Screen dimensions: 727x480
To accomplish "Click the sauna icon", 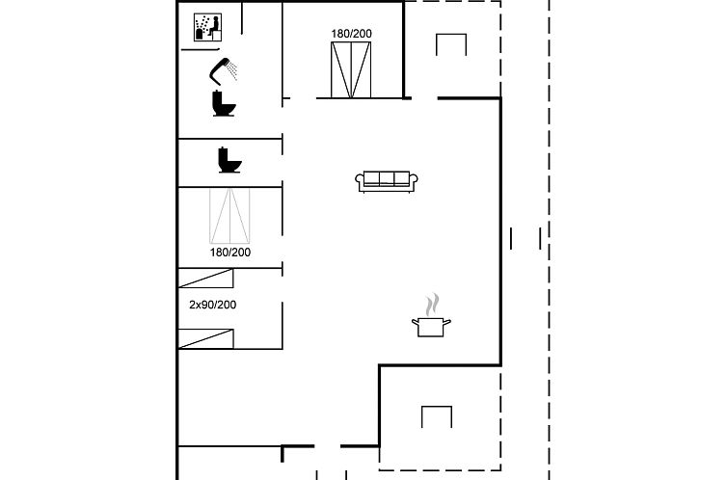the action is point(207,27).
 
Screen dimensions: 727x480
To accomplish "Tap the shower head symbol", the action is point(223,71).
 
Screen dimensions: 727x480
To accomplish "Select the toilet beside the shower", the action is point(224,103).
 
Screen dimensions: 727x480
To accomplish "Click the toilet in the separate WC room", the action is point(230,160).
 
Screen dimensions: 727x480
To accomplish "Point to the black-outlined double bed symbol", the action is point(351,70).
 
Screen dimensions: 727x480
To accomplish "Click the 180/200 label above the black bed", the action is point(351,34).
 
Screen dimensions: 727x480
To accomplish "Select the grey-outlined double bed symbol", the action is point(229,216).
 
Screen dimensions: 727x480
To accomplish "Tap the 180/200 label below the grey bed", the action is point(230,253).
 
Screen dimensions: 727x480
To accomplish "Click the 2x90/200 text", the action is point(213,305).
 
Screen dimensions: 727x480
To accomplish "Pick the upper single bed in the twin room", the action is point(206,279).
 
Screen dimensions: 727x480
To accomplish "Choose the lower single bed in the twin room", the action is point(206,338).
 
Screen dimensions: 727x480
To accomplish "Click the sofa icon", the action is point(387,181).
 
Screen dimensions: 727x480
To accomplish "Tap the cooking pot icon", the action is point(431,326).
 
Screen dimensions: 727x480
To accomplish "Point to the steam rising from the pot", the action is point(432,304).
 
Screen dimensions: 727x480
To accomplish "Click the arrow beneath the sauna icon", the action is point(201,48).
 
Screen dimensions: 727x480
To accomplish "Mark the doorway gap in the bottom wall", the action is point(327,446).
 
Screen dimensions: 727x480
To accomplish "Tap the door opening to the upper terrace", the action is point(424,98).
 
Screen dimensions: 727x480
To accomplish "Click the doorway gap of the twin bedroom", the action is point(282,289).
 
